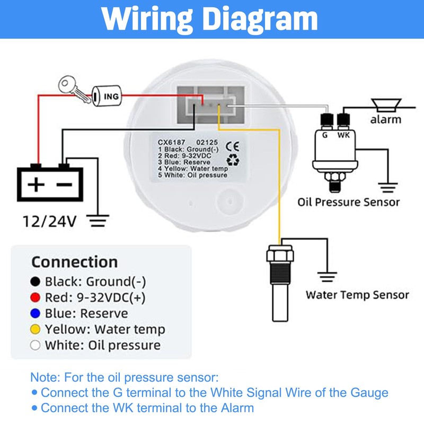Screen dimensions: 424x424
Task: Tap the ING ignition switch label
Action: click(x=111, y=96)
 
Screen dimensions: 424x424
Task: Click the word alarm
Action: click(x=385, y=119)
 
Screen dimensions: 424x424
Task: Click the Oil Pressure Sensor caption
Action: click(x=348, y=202)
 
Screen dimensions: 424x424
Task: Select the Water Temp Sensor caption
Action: click(x=357, y=295)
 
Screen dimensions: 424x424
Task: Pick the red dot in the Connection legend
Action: click(x=36, y=297)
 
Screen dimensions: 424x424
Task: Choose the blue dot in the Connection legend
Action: click(x=36, y=313)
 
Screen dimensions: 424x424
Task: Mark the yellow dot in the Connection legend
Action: click(x=36, y=329)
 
